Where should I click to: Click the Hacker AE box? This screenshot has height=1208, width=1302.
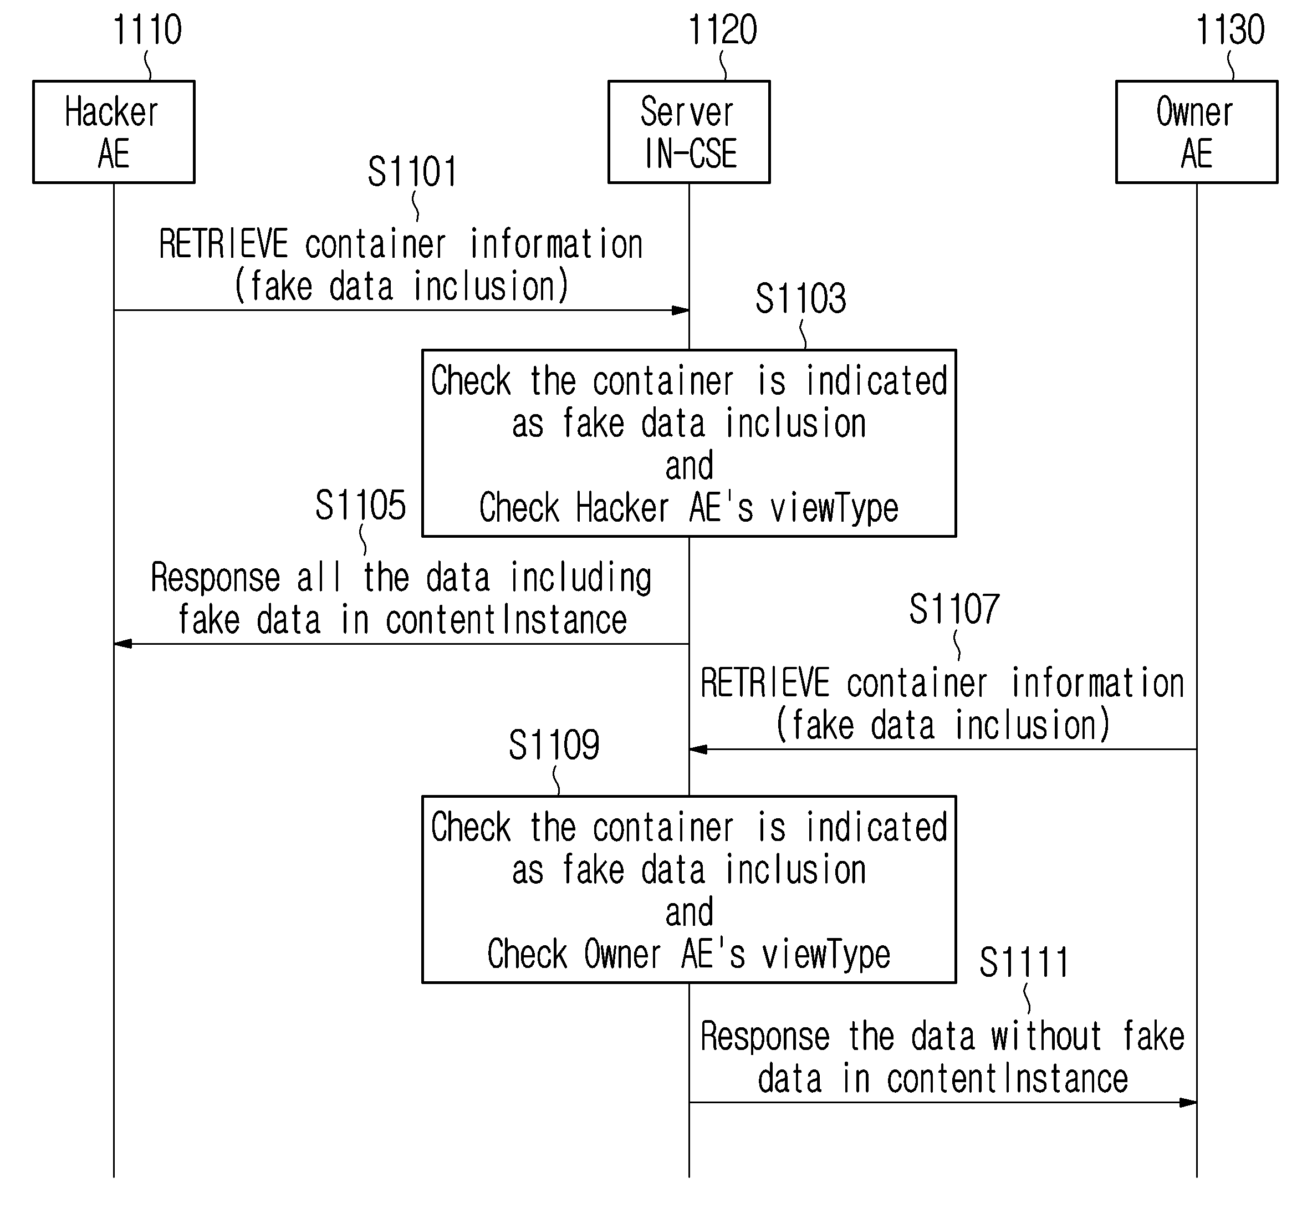click(114, 132)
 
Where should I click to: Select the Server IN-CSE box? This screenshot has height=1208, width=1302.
click(689, 132)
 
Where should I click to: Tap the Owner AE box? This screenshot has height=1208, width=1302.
click(1197, 132)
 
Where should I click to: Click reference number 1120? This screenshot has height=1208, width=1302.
click(723, 30)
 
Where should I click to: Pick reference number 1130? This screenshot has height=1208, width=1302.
click(1230, 30)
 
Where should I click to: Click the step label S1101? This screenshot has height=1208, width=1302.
click(412, 172)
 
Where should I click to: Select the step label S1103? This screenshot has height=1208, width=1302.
click(801, 299)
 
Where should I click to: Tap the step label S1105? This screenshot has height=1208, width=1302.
click(361, 505)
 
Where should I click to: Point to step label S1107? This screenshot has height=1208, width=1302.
click(955, 609)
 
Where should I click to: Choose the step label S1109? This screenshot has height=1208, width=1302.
click(554, 745)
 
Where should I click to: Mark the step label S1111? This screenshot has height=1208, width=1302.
click(1024, 962)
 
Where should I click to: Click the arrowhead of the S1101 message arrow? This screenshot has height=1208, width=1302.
click(681, 310)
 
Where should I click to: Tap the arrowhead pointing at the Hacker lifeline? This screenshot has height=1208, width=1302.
click(123, 644)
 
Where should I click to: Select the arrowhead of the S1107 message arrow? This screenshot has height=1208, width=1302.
click(698, 749)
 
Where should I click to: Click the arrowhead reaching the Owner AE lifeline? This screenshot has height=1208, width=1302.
click(1188, 1103)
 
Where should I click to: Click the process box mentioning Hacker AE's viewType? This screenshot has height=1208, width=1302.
click(689, 443)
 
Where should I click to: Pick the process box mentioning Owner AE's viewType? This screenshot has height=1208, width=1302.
click(689, 890)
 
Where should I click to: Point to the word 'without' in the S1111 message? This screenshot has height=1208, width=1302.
click(1046, 1037)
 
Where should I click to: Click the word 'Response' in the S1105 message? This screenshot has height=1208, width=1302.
click(216, 579)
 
